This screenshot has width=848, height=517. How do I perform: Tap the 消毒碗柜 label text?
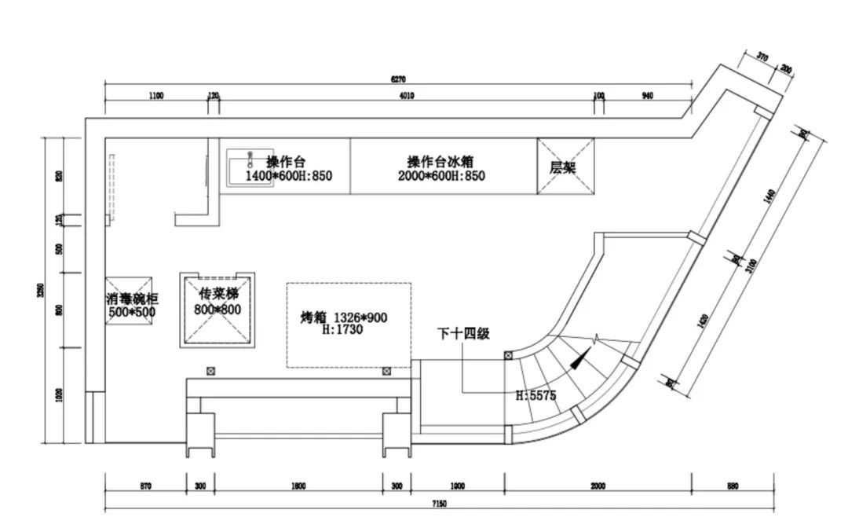(131, 299)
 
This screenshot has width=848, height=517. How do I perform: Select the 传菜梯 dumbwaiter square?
(217, 310)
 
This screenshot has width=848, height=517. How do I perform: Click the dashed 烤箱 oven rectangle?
(349, 324)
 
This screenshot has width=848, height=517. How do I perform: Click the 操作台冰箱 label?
(440, 161)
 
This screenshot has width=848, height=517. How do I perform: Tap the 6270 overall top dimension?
(398, 79)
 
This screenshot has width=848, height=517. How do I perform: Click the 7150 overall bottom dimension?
(439, 503)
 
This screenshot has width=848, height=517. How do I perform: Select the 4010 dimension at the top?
(406, 96)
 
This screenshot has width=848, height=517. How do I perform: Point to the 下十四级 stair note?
(463, 334)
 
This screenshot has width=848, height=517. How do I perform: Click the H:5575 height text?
(535, 395)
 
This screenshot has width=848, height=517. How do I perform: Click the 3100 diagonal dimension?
(752, 265)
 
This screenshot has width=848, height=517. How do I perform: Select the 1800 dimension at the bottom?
(298, 486)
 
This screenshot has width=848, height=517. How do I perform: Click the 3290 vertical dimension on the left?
(41, 290)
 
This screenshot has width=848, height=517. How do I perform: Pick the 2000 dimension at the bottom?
(598, 486)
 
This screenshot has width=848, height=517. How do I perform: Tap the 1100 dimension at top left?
(155, 96)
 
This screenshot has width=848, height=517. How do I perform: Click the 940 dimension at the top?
(647, 96)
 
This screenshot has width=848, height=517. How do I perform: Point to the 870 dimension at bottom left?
(145, 486)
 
